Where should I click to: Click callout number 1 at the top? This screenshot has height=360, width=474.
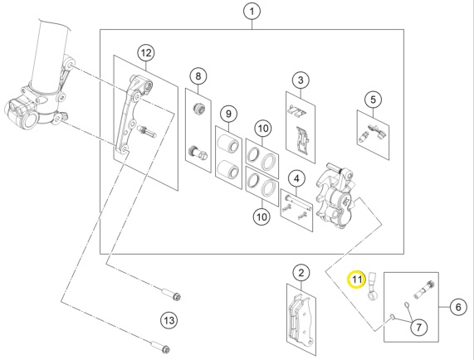point(252,12)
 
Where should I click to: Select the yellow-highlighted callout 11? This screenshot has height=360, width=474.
point(357,280)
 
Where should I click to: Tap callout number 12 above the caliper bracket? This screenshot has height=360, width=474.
point(146,53)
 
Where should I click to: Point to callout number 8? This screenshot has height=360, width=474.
point(198,75)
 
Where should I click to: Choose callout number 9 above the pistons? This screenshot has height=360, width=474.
point(228,114)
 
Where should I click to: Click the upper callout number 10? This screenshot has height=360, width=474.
point(263,129)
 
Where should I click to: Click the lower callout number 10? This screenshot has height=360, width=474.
point(261,216)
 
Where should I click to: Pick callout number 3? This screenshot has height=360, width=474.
point(301,80)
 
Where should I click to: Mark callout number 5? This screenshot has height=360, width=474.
point(373,100)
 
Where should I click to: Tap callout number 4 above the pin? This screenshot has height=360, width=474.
point(296,178)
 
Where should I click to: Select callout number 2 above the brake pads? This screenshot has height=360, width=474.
point(301,273)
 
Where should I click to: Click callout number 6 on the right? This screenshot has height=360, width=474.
point(458,307)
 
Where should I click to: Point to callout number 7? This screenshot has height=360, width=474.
point(419,327)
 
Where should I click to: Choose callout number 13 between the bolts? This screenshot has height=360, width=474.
point(169,320)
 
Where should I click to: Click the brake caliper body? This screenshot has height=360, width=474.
point(335,197)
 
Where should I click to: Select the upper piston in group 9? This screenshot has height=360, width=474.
point(228,144)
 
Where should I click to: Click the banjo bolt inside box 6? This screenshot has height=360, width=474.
point(424,289)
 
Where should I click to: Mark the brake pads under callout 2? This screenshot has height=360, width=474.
point(301,319)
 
